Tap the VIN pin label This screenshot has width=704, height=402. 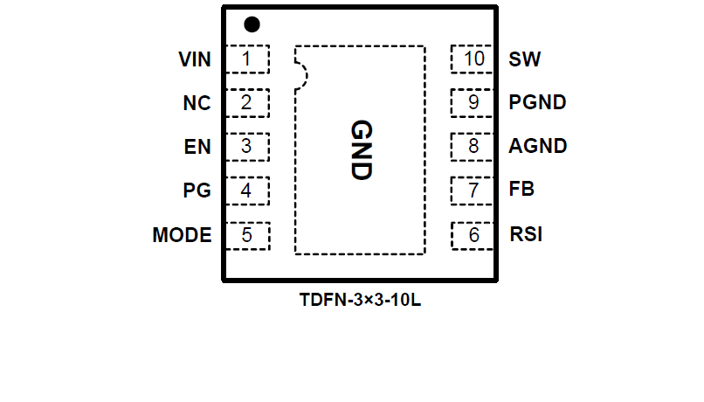coord(195,59)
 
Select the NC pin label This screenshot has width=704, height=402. coord(197,103)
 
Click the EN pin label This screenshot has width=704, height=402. coord(198,147)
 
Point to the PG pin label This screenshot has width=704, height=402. coord(197,191)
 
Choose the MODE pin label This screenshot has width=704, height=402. coord(182,235)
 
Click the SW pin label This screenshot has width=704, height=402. coord(524,59)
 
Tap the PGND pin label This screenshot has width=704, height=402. coord(537,102)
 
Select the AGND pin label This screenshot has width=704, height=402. coord(538,146)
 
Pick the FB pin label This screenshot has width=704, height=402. coord(521,189)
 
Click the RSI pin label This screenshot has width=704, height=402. coord(526,235)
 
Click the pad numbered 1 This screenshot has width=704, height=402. coord(247,59)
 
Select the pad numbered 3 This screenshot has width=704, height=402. coord(247,146)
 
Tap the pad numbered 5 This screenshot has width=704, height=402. coord(247,235)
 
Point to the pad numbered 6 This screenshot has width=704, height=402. coord(473,235)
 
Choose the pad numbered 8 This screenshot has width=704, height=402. coord(473,146)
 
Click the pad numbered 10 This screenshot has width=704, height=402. coord(473,59)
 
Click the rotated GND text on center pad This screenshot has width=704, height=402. coord(361,149)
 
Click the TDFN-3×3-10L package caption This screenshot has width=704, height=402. coord(360,300)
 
